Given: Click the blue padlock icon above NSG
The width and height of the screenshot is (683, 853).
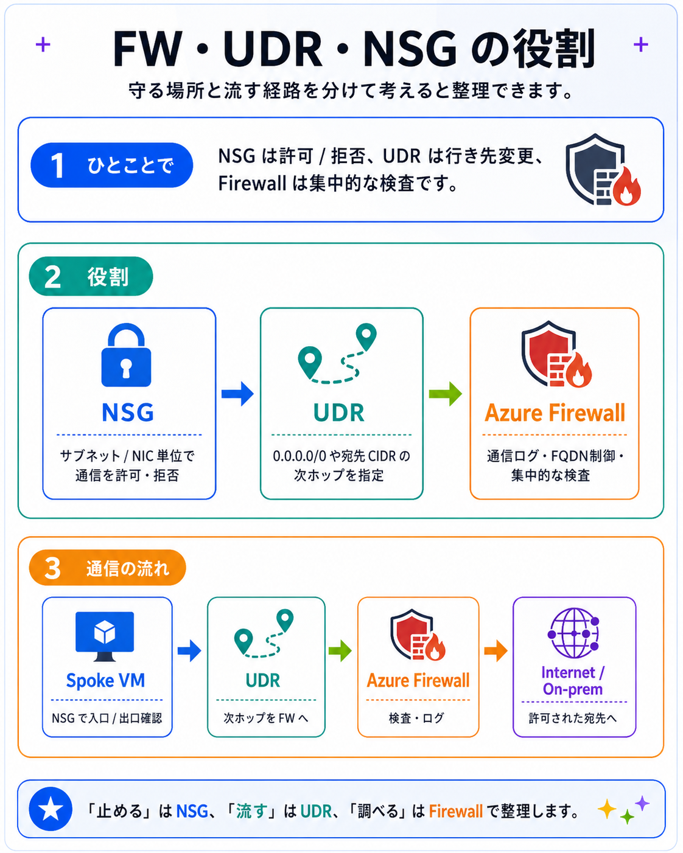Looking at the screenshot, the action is point(126,355).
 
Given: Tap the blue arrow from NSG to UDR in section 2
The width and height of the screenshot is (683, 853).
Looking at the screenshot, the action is point(237,394).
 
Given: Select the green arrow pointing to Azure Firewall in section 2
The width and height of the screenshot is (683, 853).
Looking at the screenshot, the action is point(446,394).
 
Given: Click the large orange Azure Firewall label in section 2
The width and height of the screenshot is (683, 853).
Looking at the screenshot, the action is point(555,413).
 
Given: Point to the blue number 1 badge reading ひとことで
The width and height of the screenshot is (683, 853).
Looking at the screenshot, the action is point(112,165).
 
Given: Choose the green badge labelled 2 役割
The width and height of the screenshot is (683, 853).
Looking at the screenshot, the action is point(91,276).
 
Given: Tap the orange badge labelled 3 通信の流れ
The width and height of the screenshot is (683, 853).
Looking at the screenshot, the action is point(108,568).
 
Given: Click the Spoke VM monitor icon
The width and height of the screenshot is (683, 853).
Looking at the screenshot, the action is point(105,636).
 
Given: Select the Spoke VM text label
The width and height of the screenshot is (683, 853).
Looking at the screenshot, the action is point(105,680).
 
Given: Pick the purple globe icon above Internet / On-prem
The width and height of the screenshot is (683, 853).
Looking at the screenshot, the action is point(573,633).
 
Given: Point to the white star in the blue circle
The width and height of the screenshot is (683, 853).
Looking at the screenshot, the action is point(51,809).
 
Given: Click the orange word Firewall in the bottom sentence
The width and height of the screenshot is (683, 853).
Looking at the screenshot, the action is point(456,812).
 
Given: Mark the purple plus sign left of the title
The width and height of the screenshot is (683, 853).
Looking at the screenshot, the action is point(43,44).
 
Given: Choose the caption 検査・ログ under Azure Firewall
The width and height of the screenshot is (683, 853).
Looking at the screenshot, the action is point(416,718).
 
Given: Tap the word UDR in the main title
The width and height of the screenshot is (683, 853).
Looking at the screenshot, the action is point(273,49).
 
